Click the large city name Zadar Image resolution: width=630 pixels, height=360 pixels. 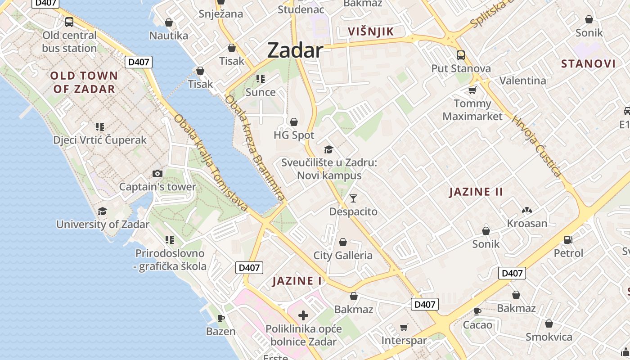click(295, 50)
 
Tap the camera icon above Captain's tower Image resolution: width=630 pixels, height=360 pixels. click(157, 174)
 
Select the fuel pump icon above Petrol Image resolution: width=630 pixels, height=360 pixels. click(568, 240)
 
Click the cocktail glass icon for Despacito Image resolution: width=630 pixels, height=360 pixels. click(353, 198)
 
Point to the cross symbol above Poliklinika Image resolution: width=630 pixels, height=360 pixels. click(303, 315)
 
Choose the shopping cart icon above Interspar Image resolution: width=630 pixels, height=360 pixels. click(404, 328)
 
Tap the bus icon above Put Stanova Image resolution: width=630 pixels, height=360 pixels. click(461, 55)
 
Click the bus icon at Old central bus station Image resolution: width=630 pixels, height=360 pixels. click(69, 22)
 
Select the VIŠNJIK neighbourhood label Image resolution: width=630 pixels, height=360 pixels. click(371, 31)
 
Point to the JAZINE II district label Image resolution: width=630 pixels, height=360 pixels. click(476, 192)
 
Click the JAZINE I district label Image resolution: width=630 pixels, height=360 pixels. click(297, 281)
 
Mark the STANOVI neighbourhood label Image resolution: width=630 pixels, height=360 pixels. click(588, 63)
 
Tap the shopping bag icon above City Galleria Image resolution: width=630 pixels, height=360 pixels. click(343, 243)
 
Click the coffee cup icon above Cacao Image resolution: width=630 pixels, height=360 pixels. click(477, 311)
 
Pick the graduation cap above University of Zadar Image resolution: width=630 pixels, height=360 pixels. click(103, 211)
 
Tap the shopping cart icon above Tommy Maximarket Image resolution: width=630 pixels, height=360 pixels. click(472, 90)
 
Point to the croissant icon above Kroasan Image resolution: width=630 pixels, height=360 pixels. click(527, 210)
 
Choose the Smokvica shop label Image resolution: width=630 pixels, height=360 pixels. click(549, 337)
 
